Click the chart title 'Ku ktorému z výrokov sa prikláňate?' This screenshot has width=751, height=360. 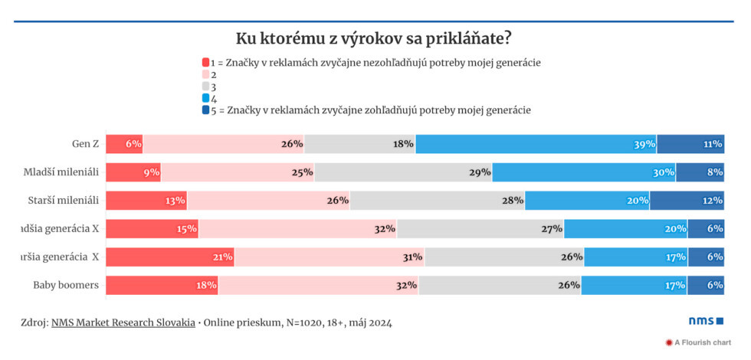click(374, 38)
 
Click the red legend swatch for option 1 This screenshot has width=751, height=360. click(205, 63)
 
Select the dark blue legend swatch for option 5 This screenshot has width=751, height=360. click(205, 110)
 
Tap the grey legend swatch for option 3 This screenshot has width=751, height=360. click(205, 87)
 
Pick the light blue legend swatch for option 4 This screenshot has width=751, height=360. click(205, 98)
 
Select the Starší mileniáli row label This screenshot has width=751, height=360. click(61, 200)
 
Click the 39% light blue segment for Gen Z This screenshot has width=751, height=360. click(536, 143)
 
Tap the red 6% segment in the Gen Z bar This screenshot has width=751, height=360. click(124, 143)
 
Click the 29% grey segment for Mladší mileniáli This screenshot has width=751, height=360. click(403, 172)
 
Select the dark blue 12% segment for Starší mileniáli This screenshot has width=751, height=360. click(687, 200)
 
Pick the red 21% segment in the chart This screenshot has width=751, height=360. click(169, 257)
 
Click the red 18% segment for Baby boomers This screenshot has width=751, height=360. click(162, 285)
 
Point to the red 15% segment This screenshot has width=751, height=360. click(152, 228)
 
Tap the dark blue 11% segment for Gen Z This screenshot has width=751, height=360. click(690, 143)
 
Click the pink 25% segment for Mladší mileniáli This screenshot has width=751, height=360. click(238, 172)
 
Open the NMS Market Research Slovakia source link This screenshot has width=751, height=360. click(123, 322)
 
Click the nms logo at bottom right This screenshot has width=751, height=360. click(704, 321)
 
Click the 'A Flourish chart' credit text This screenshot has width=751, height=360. click(702, 342)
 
